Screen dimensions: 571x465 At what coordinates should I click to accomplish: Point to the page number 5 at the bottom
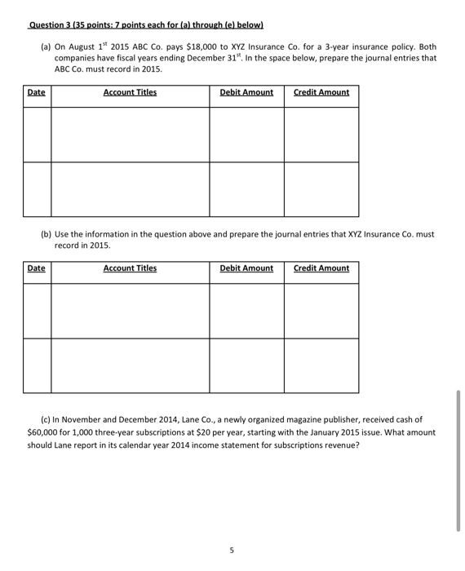tap(232, 551)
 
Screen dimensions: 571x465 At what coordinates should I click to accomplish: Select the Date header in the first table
tap(37, 92)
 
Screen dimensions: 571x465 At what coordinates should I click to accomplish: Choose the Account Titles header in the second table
tap(130, 268)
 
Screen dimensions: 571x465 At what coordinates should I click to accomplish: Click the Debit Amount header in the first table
tap(246, 92)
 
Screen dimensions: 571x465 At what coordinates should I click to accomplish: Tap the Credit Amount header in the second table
tap(321, 268)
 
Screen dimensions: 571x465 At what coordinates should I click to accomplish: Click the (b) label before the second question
tap(46, 234)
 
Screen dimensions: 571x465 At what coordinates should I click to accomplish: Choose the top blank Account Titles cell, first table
tap(130, 135)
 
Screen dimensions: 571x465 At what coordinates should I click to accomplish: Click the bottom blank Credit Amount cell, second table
tap(321, 365)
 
